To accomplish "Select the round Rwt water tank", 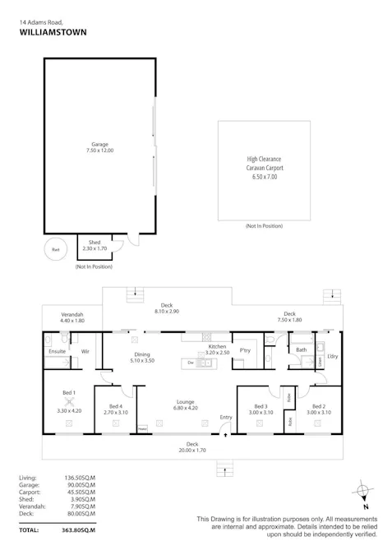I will pyautogui.click(x=56, y=249).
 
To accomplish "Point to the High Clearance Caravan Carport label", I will pyautogui.click(x=265, y=168).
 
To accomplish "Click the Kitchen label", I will pyautogui.click(x=217, y=348).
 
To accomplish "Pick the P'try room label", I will pyautogui.click(x=244, y=350).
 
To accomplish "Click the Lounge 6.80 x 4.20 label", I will pyautogui.click(x=185, y=405).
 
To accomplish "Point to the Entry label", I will pyautogui.click(x=226, y=418).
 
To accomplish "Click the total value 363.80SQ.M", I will pyautogui.click(x=80, y=531).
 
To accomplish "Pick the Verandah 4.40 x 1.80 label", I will pyautogui.click(x=73, y=317).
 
